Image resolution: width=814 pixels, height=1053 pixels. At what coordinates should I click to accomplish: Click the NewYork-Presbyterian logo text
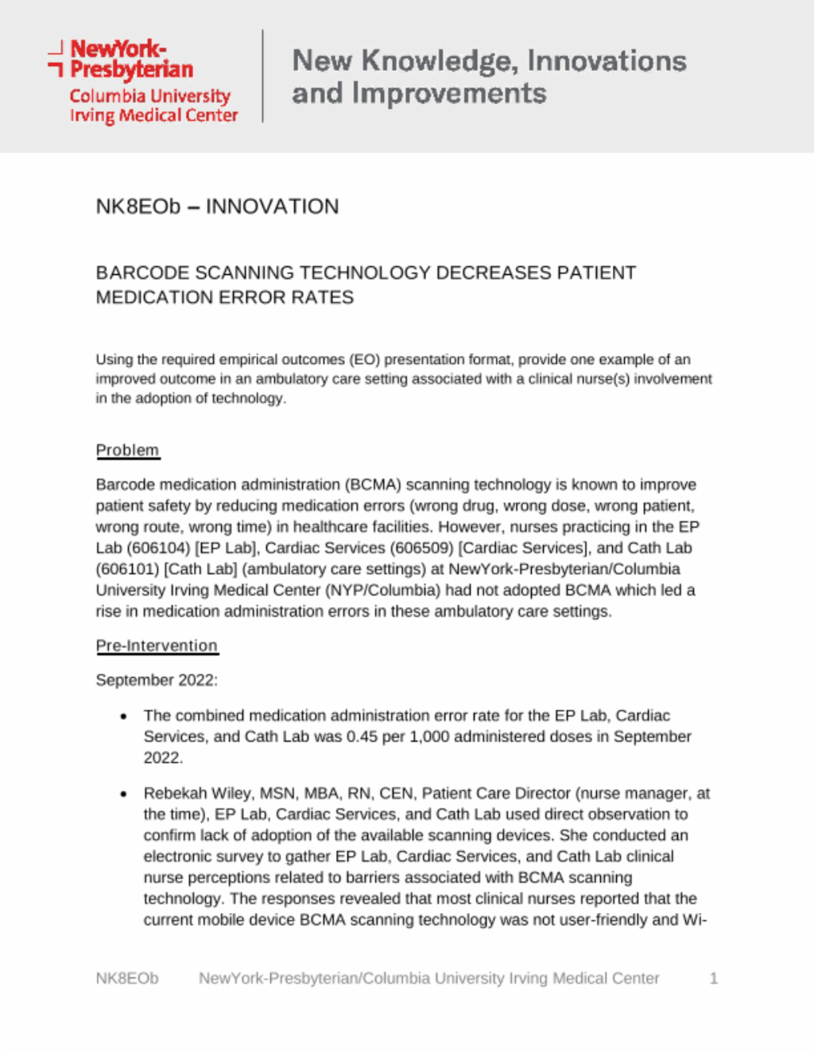tap(131, 60)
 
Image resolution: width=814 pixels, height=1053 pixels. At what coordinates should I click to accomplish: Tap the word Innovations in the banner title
tap(607, 61)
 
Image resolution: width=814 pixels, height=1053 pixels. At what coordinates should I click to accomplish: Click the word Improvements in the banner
tap(449, 94)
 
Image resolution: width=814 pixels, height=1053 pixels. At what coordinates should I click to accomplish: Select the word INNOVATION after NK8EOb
tap(272, 207)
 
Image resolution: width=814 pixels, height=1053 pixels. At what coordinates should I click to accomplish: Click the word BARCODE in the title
tap(142, 273)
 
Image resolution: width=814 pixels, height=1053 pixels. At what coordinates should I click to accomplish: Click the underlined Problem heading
tap(127, 450)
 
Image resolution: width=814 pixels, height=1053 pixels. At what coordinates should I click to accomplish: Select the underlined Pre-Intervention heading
tap(157, 645)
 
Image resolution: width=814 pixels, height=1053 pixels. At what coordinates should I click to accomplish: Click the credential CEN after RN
tap(396, 793)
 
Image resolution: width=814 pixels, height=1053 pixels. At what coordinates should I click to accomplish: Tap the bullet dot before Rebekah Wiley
tap(123, 794)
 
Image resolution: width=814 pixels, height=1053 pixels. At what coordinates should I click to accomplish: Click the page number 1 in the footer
tap(714, 978)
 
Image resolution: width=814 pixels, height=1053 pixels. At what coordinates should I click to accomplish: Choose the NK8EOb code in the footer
tap(127, 978)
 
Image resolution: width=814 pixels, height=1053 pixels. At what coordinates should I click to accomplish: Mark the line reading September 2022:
tap(157, 680)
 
